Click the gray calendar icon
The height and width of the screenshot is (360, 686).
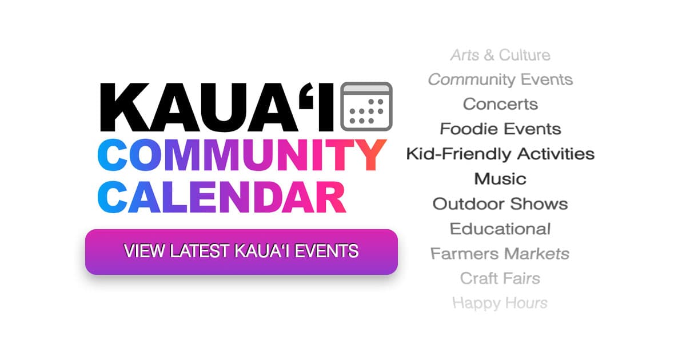(366, 106)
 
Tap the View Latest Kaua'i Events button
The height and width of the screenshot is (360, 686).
(241, 251)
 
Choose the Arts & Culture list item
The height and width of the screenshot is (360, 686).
(500, 55)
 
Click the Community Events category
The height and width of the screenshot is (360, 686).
(500, 79)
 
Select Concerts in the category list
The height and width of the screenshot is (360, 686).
(500, 104)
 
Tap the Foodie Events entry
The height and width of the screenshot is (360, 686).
(500, 129)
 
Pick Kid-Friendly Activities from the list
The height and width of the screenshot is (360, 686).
(500, 154)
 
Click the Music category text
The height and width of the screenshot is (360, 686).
(500, 179)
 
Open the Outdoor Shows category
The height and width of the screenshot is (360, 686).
(500, 204)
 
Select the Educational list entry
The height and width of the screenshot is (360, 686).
(500, 229)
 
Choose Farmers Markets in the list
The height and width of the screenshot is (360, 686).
(500, 253)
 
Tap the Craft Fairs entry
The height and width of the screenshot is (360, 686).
(500, 278)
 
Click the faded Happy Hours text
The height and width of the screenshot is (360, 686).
(500, 303)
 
